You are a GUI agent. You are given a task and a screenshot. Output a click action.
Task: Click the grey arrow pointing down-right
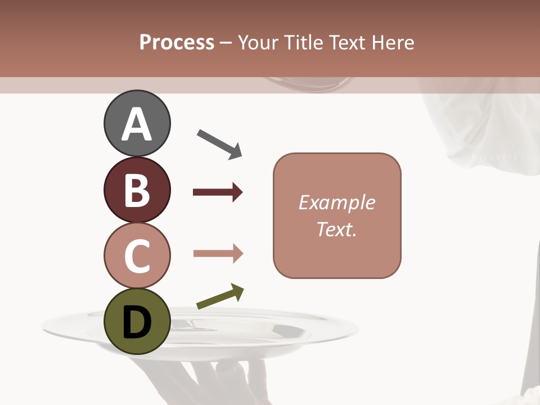coord(219,144)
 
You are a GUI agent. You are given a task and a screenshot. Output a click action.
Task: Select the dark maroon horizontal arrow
coord(218,192)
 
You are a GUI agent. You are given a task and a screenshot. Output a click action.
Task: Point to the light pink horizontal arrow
coord(218,254)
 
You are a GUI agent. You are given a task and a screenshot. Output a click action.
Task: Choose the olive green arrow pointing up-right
coord(220,297)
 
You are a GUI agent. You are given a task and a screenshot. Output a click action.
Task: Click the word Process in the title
coord(177,43)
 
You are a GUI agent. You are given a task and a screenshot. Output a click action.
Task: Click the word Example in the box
coord(336,202)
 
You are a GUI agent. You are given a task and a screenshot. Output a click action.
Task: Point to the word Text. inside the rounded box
coord(336,229)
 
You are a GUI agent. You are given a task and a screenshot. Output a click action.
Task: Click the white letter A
coord(137,124)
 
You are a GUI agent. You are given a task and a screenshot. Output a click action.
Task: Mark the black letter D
coord(137,323)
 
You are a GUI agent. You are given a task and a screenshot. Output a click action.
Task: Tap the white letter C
coord(137,256)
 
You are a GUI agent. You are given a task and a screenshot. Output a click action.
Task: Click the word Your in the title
coord(259,43)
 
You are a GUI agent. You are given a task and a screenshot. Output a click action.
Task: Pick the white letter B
coord(137,190)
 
